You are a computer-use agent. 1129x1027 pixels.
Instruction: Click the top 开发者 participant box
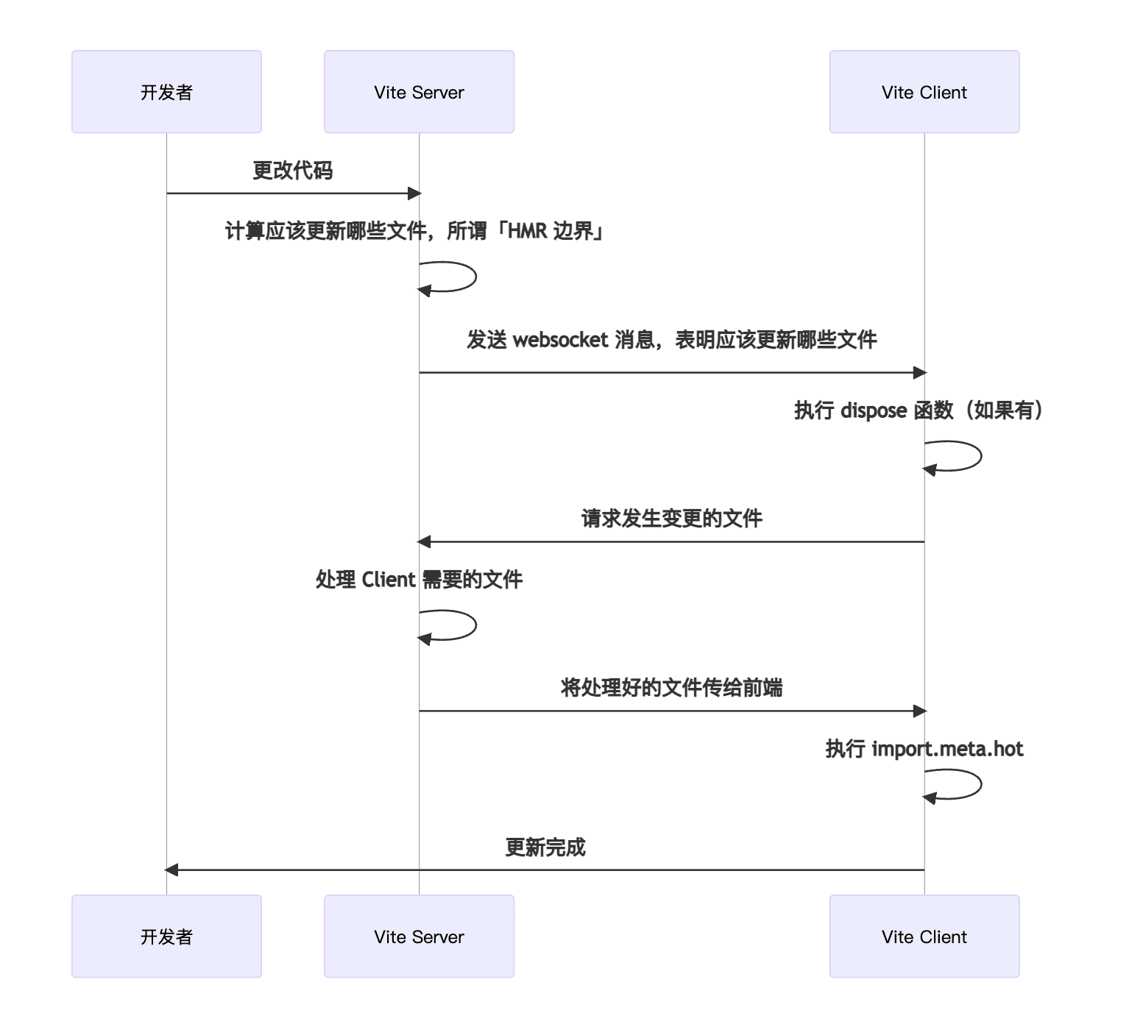point(166,92)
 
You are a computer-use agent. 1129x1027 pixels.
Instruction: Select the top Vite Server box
point(420,92)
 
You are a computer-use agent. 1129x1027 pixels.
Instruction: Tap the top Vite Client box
point(924,92)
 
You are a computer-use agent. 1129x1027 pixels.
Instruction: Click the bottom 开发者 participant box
point(166,937)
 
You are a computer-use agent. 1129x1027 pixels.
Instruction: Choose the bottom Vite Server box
point(420,937)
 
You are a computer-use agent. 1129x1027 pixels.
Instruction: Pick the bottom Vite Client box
point(924,937)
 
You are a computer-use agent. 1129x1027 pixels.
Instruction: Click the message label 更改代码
point(293,171)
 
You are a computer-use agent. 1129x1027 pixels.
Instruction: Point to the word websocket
point(561,340)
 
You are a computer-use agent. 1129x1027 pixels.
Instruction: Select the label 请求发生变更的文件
point(671,519)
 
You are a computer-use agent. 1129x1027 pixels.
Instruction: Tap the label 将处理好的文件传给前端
point(671,688)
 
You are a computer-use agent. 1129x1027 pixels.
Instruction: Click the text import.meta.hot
point(947,749)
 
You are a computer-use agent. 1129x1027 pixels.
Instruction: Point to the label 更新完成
point(545,847)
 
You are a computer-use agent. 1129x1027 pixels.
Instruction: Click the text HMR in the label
point(528,231)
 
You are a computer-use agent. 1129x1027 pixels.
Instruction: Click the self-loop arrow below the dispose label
point(982,456)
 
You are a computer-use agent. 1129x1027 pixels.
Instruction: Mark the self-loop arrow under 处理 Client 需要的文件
point(476,625)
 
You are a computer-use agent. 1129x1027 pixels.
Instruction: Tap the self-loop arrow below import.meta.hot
point(982,784)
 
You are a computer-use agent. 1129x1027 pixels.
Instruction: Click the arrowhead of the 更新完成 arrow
point(171,870)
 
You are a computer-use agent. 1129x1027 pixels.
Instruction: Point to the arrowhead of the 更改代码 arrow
point(415,193)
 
